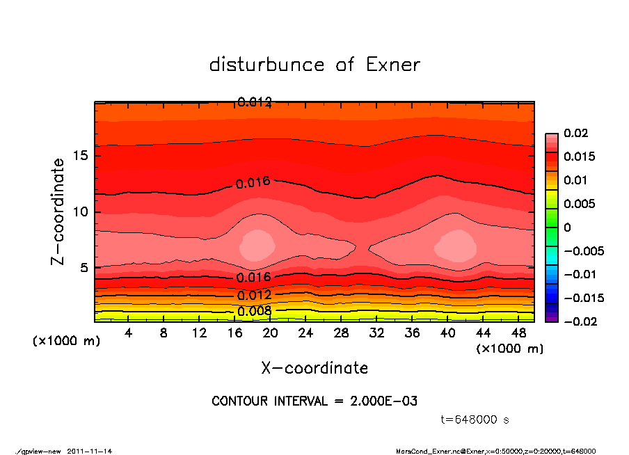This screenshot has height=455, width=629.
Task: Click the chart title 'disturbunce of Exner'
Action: click(x=314, y=65)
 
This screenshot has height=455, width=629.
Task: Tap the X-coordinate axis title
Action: click(x=314, y=368)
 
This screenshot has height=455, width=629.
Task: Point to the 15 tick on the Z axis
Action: click(x=81, y=155)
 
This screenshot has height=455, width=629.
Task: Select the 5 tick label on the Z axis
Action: click(x=85, y=268)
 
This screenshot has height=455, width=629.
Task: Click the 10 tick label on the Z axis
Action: click(x=81, y=211)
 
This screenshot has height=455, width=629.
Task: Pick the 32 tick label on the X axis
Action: click(x=376, y=333)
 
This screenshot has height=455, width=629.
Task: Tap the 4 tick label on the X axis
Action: click(x=129, y=333)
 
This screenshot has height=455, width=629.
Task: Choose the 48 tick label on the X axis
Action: click(x=518, y=333)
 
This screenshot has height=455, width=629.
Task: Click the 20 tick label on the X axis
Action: click(x=270, y=333)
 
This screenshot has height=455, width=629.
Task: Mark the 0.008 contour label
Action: click(x=253, y=311)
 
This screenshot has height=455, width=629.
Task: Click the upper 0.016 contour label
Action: click(x=253, y=184)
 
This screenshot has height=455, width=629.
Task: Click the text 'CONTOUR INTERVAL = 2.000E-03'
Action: click(x=314, y=401)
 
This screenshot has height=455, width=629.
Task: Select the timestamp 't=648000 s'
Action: click(x=475, y=420)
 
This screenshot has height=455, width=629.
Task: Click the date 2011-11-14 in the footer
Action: click(x=90, y=451)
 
